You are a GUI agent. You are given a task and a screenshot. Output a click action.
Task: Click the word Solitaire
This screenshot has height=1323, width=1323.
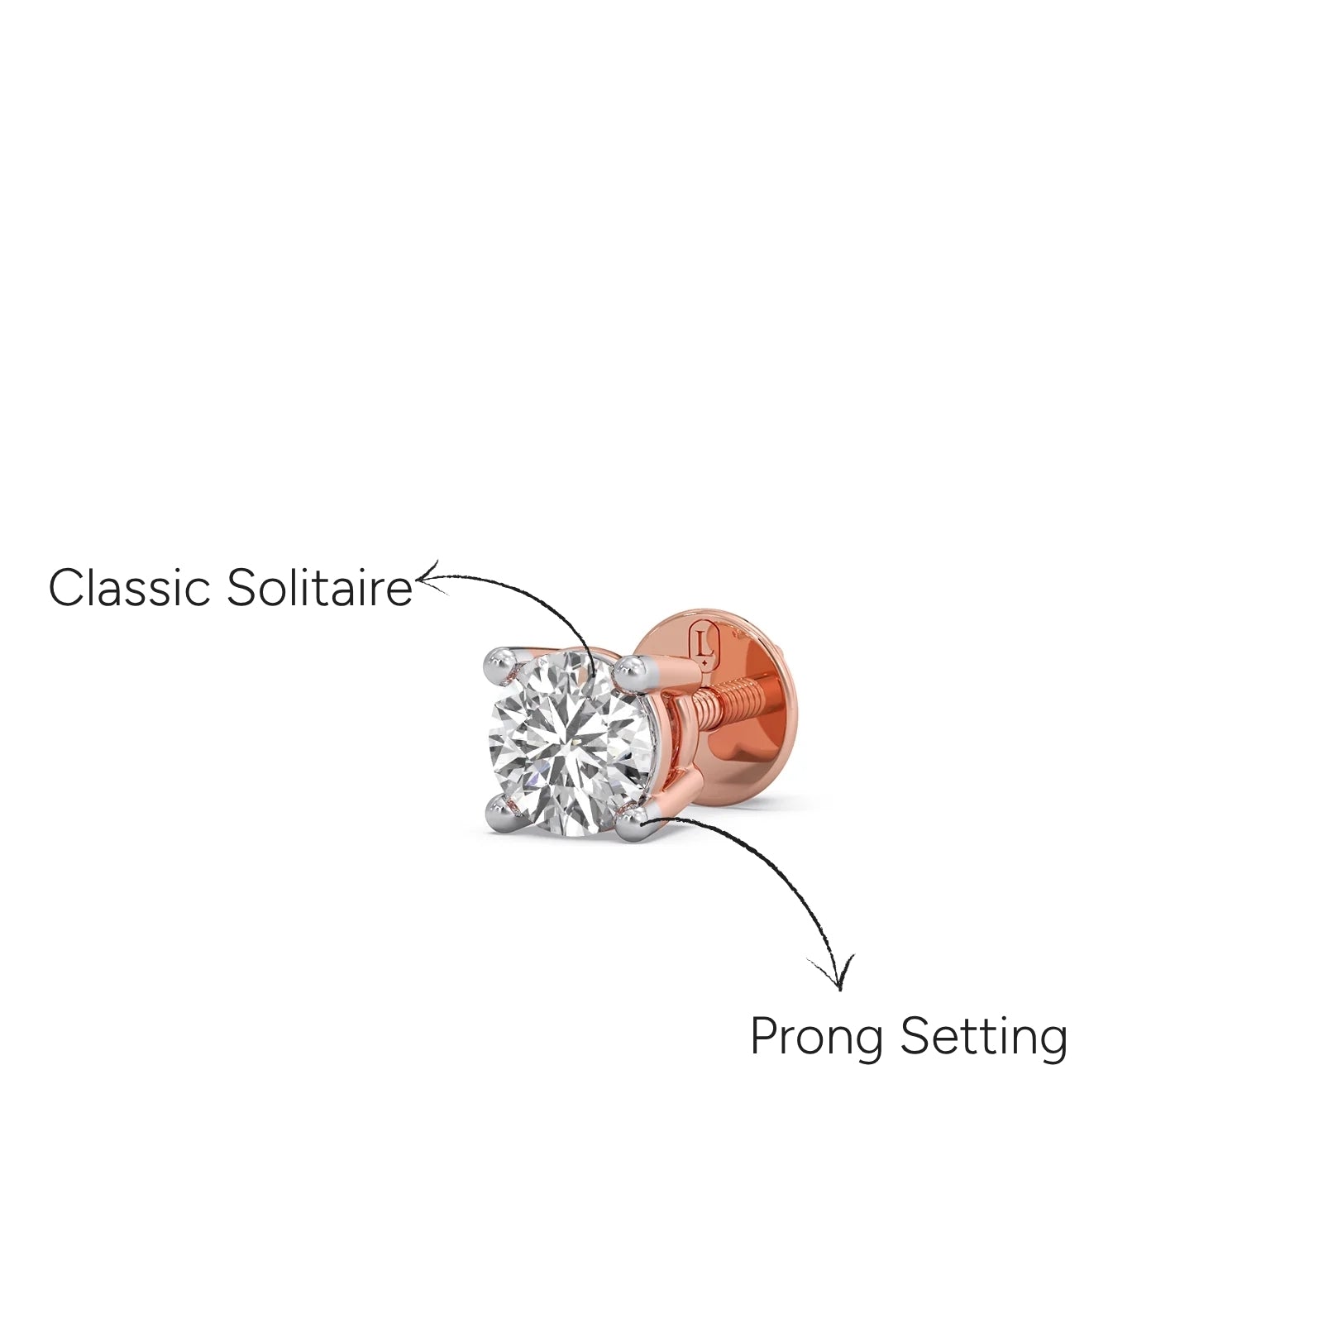(x=318, y=588)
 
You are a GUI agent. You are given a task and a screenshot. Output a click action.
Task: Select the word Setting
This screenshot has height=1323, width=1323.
(x=984, y=1039)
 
